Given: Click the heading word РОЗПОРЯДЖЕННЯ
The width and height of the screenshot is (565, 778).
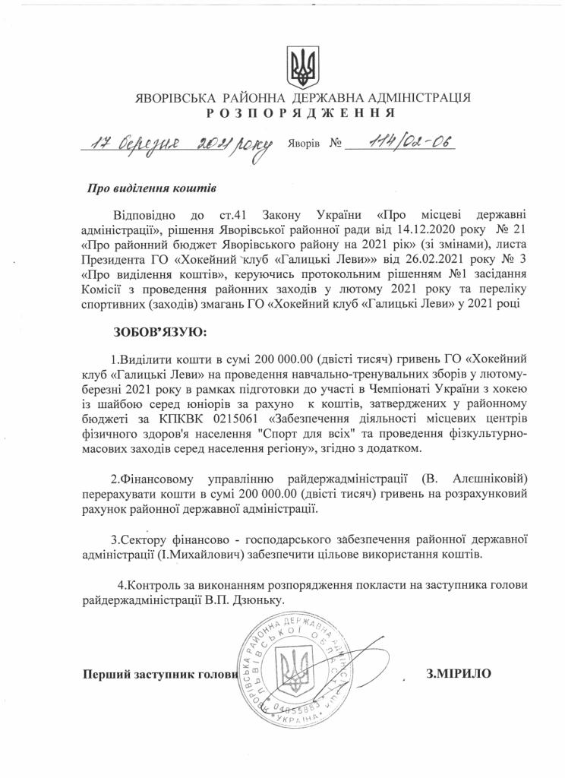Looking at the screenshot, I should tap(301, 112).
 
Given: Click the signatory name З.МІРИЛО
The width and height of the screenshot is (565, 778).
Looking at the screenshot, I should tap(460, 672).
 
